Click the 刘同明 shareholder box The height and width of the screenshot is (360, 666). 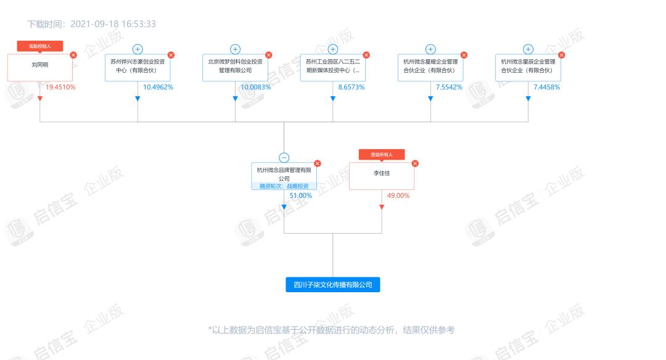click(39, 68)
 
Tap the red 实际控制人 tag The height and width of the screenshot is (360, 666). click(39, 46)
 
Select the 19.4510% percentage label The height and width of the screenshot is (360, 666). click(60, 87)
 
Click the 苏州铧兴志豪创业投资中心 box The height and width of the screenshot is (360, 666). click(138, 68)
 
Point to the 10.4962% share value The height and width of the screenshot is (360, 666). click(158, 87)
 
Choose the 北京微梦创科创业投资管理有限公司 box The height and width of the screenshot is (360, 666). click(235, 68)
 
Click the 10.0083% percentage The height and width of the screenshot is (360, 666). click(255, 87)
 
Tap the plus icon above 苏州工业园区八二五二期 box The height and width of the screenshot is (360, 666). click(333, 49)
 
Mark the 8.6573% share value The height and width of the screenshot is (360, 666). click(351, 87)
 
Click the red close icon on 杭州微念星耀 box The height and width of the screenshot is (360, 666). click(464, 55)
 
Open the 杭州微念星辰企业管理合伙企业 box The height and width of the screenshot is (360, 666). click(528, 68)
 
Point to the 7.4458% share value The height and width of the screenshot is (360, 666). click(547, 87)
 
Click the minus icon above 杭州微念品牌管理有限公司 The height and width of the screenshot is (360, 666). click(284, 158)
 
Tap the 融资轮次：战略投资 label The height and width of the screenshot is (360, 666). click(284, 186)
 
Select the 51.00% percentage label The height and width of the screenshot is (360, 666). click(301, 195)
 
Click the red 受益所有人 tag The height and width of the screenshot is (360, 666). click(382, 155)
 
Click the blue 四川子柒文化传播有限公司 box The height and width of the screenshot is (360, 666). click(333, 285)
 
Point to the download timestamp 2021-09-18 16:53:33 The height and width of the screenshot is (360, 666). click(113, 24)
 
